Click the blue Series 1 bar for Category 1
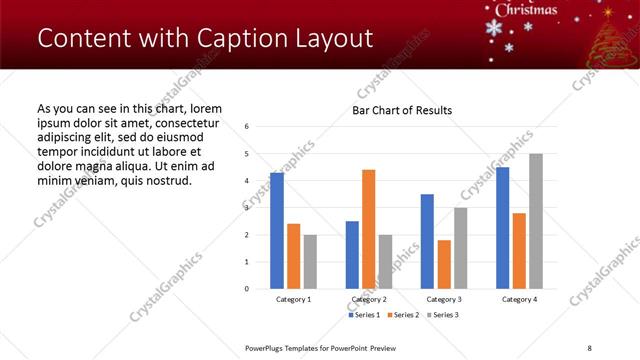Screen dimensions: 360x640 click(277, 231)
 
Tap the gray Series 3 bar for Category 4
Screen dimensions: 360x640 click(536, 221)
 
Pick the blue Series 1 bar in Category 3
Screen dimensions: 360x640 click(427, 241)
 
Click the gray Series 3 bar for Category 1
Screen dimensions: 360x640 click(310, 262)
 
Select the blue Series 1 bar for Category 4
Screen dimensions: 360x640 click(502, 228)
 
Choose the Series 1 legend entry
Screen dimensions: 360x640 click(364, 315)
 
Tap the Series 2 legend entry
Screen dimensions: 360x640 click(403, 315)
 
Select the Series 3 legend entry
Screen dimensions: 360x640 click(443, 315)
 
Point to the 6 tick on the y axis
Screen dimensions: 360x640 click(247, 127)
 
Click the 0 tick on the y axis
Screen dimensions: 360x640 click(247, 289)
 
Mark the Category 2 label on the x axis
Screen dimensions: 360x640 click(369, 299)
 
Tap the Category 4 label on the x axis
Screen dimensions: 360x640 click(519, 299)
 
